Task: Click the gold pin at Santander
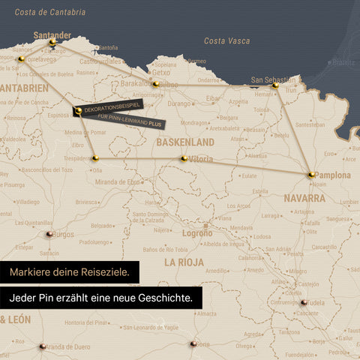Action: pos(52,43)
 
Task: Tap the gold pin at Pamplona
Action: pos(311,175)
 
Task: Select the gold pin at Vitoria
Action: pos(184,158)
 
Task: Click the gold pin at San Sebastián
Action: pos(275,85)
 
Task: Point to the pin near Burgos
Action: pos(49,234)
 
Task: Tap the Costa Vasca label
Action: pos(226,40)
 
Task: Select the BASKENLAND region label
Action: pos(184,142)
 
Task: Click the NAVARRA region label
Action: pos(304,199)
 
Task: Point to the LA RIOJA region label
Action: pos(184,262)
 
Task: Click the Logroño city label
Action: pos(197,233)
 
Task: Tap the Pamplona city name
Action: pos(332,175)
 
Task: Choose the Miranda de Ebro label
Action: pos(119,182)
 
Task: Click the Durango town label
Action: pos(180,103)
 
